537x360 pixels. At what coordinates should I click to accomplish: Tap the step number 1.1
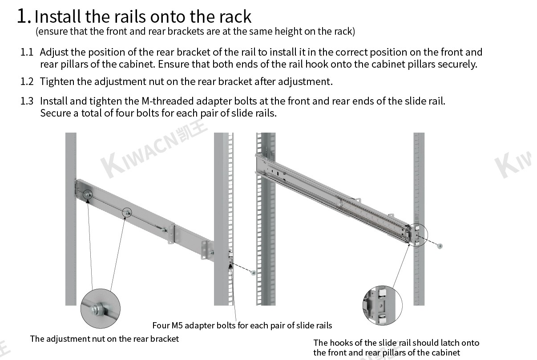(x=27, y=52)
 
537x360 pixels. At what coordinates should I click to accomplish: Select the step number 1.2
(x=27, y=81)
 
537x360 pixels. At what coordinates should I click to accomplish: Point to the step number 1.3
(x=27, y=101)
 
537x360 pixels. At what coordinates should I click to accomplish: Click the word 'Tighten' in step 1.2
(x=57, y=81)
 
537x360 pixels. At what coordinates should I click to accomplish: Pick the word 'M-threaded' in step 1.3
(x=175, y=101)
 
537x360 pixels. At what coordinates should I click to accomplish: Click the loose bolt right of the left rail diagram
(x=253, y=272)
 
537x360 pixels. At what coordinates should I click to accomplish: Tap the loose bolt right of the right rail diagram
(x=440, y=246)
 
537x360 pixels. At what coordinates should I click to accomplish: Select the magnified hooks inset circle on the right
(x=382, y=305)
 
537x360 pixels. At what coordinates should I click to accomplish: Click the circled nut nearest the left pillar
(x=88, y=194)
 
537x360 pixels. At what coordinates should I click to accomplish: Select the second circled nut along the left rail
(x=128, y=213)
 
